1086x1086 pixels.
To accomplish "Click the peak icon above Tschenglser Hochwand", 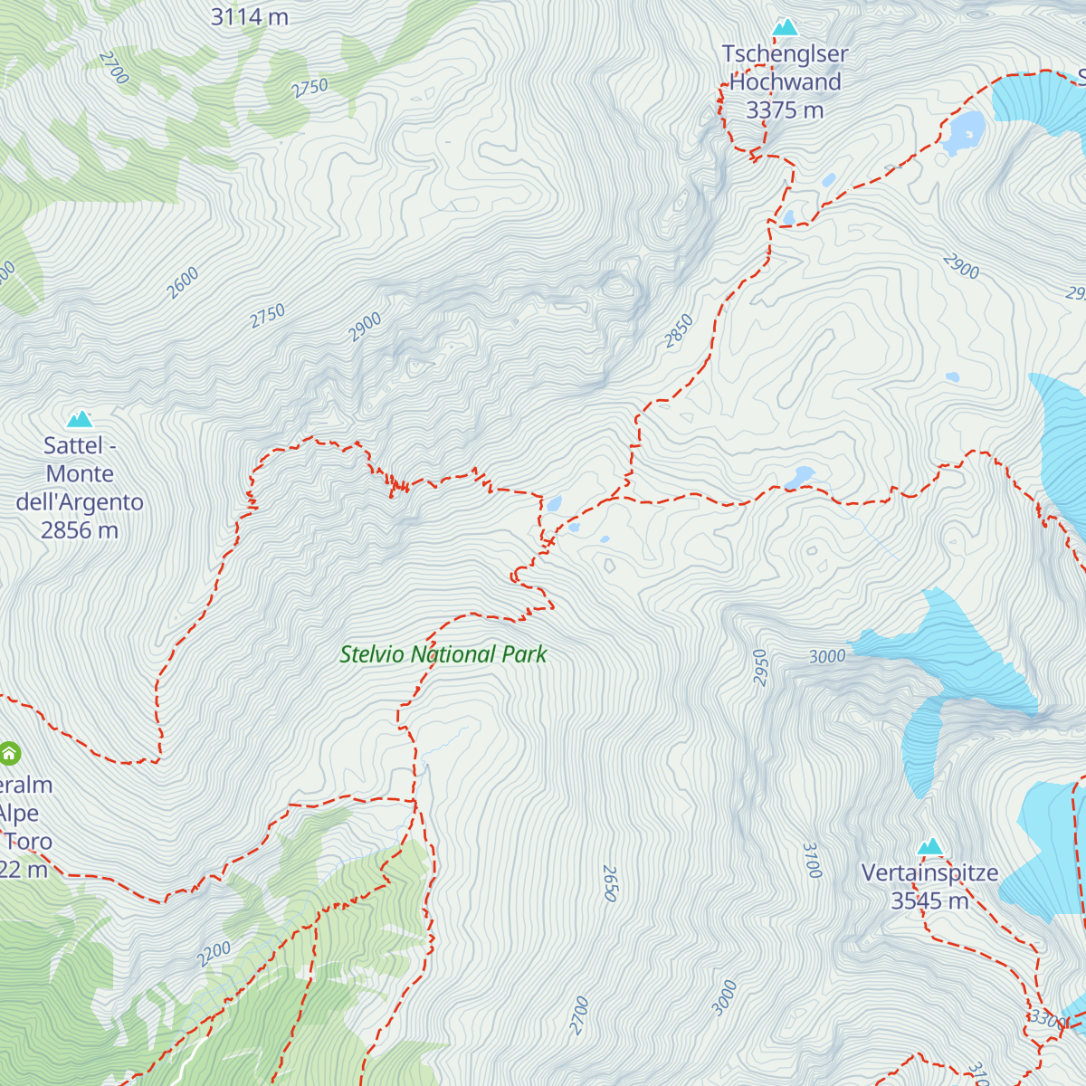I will tap(786, 27).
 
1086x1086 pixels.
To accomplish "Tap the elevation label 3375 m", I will tap(785, 110).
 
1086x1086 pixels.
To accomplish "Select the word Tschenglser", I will tap(785, 54).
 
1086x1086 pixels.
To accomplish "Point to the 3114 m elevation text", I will tap(249, 16).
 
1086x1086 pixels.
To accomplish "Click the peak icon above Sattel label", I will tap(80, 418).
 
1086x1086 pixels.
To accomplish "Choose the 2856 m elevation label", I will tap(80, 530).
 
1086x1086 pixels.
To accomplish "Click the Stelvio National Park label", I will tap(443, 654).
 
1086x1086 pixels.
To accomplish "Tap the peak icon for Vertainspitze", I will tap(930, 847).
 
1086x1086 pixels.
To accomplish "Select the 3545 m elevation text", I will tap(929, 901).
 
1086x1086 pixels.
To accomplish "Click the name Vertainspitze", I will tap(929, 873).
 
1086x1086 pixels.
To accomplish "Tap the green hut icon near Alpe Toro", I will tap(9, 753).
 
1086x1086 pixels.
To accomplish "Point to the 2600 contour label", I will tap(183, 283).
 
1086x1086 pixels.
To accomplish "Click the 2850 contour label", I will tap(679, 331).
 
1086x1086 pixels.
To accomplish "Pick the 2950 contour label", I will tap(760, 668).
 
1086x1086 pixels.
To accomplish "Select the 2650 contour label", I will tap(610, 883).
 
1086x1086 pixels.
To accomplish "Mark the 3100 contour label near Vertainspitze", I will tap(812, 860).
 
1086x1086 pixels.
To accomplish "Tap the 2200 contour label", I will tap(214, 954).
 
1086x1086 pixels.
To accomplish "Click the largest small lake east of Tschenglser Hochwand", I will tap(963, 132).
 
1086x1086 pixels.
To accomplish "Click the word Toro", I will tap(29, 842).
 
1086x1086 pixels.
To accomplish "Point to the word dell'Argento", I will tap(80, 502).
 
